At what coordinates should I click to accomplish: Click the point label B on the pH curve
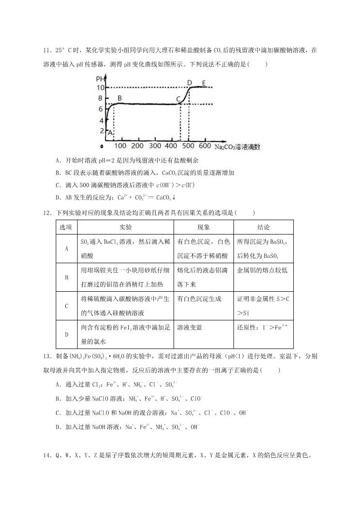119,98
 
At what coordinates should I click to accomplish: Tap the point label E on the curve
204,83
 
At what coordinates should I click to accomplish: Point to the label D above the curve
189,83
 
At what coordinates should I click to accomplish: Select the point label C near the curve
179,100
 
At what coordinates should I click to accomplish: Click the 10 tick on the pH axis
101,88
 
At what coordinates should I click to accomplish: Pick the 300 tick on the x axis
155,146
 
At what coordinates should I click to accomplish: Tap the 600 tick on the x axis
204,146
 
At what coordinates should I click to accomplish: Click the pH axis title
100,79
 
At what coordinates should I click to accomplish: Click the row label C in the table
66,306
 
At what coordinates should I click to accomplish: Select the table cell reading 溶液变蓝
190,328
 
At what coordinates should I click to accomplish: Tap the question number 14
47,455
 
